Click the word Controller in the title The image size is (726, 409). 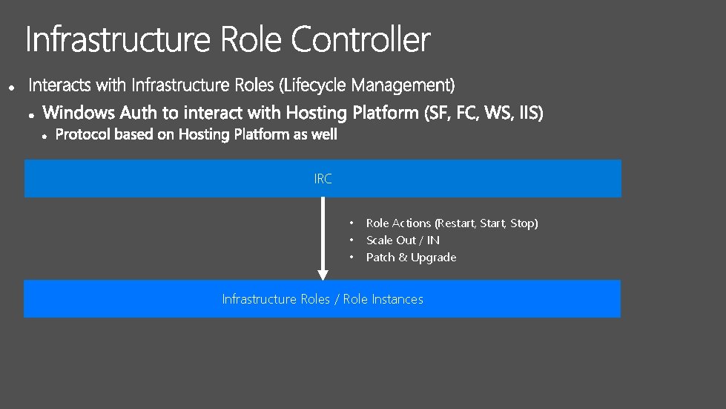[360, 39]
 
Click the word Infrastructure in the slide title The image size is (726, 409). [118, 39]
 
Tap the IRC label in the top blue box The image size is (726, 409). [323, 179]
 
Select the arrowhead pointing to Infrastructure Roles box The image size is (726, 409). [323, 275]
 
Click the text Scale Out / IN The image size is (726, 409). [403, 241]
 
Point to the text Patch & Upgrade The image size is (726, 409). [411, 258]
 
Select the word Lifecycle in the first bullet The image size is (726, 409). [309, 85]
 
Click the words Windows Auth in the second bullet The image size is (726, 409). [84, 113]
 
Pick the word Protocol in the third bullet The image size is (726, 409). [83, 134]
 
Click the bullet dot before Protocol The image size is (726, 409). [45, 136]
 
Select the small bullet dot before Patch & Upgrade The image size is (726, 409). [352, 258]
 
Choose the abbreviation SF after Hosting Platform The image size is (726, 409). [436, 113]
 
